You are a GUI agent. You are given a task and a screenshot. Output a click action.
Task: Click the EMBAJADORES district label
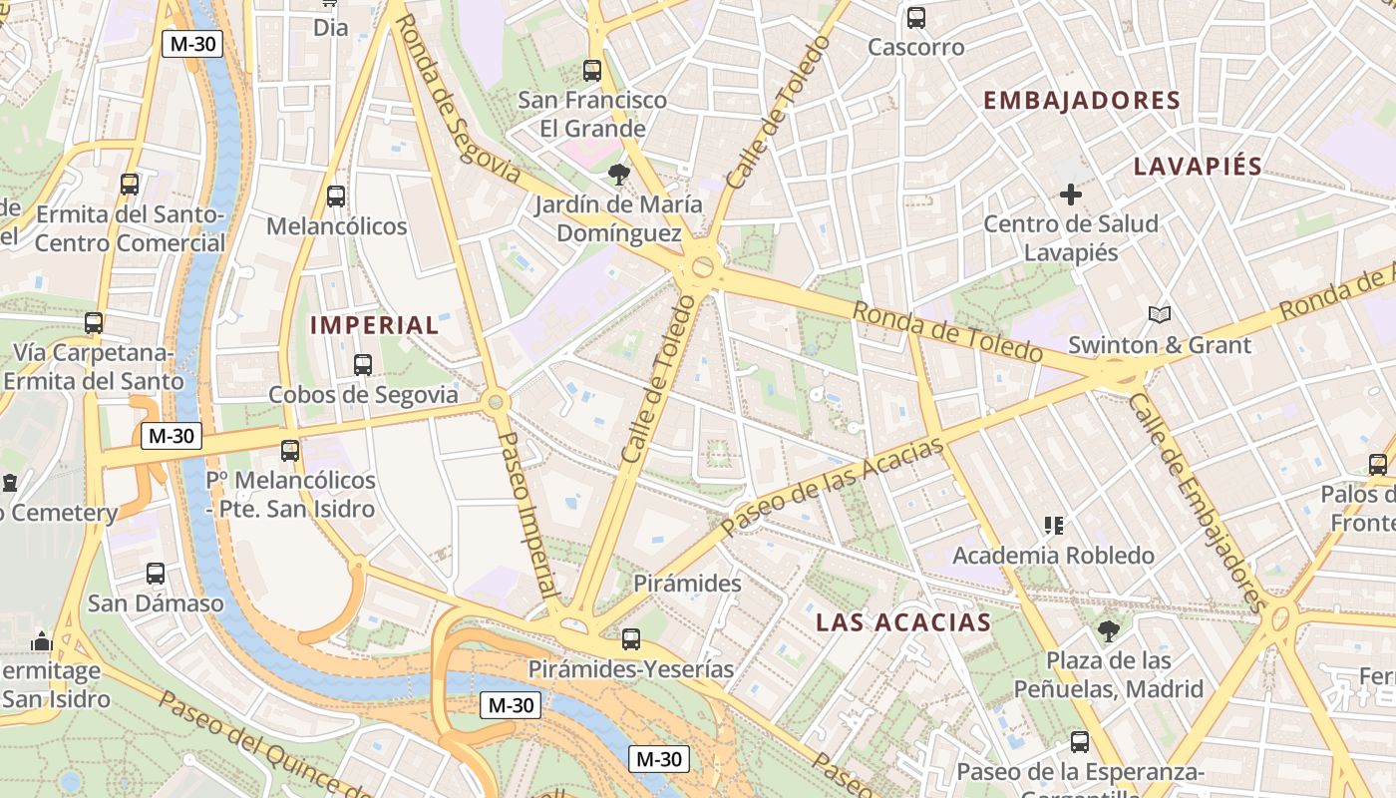coord(1081,100)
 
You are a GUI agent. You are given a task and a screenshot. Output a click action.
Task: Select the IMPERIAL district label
coord(374,325)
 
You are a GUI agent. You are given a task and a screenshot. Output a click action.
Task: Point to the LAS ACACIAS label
coord(903,622)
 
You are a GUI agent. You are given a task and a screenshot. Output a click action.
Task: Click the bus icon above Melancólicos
coord(336,197)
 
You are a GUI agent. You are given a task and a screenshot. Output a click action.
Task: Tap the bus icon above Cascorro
coord(915,17)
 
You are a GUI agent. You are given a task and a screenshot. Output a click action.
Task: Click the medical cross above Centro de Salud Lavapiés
coord(1071,195)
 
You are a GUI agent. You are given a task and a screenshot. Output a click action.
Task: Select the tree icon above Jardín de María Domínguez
coord(618,175)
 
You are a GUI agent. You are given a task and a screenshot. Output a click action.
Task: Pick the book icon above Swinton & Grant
coord(1159,315)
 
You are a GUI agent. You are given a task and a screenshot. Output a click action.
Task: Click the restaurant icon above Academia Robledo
coord(1053,526)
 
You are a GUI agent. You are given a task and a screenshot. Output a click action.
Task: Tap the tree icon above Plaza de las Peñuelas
coord(1108,630)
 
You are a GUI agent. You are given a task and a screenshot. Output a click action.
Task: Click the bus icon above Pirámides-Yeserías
coord(630,639)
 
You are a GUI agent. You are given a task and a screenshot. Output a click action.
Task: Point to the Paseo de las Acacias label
coord(832,486)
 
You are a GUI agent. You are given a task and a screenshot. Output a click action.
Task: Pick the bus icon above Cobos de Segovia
coord(363,365)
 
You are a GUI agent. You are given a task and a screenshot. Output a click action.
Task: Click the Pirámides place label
coord(688,583)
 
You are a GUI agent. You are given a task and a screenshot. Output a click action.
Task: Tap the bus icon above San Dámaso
coord(156,574)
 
